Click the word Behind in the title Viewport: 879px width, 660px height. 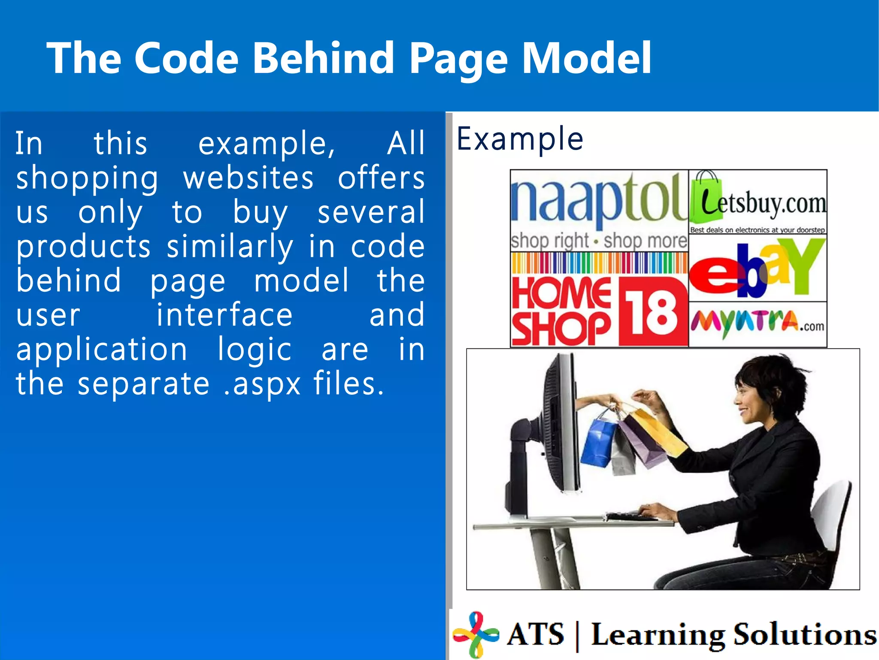click(x=323, y=58)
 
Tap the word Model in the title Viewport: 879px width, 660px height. click(x=586, y=58)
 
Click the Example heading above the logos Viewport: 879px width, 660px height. click(x=520, y=139)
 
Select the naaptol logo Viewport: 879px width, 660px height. click(x=599, y=202)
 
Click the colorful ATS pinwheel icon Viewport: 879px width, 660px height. click(x=476, y=634)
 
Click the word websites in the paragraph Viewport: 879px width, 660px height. click(x=249, y=178)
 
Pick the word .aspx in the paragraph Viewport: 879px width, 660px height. click(x=262, y=384)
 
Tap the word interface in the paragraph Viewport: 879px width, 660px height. click(x=224, y=315)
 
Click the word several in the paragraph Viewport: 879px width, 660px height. click(x=371, y=212)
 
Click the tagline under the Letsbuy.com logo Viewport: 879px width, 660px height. click(x=757, y=230)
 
